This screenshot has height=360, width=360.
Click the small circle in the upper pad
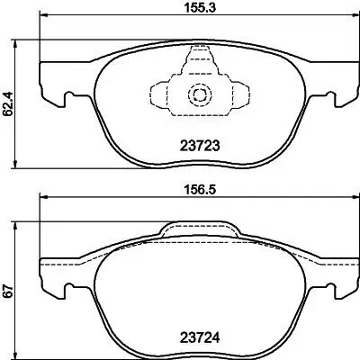pyautogui.click(x=195, y=95)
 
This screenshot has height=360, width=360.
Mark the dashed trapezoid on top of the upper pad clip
pyautogui.click(x=194, y=62)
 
